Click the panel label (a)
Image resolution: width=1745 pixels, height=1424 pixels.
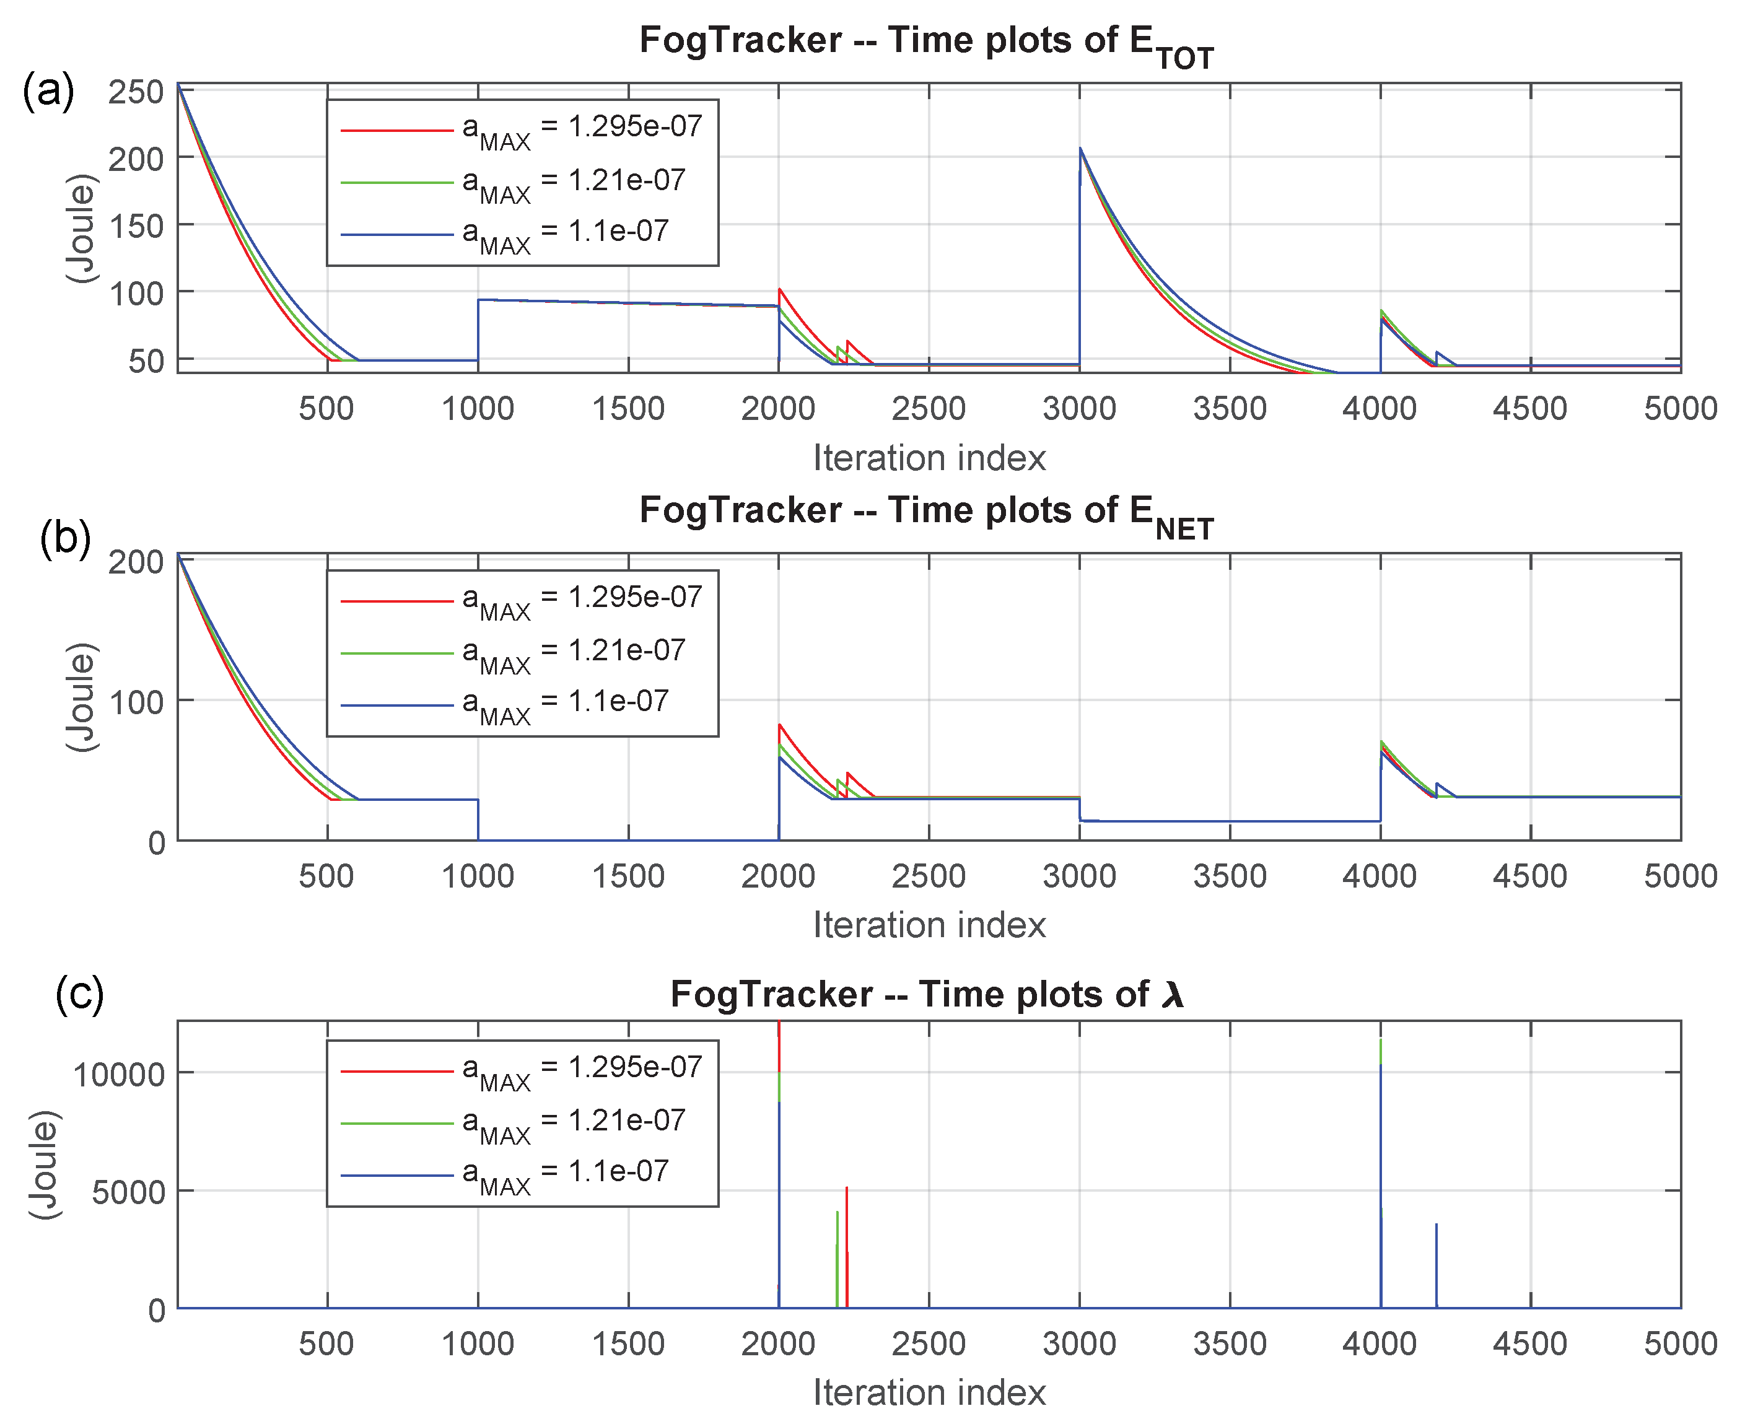click(48, 90)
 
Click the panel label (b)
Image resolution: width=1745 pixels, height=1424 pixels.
click(66, 539)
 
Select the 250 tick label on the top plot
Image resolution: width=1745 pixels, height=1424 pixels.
click(136, 92)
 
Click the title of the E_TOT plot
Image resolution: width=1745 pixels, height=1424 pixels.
click(926, 43)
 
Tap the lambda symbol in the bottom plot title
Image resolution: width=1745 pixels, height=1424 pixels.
click(1173, 995)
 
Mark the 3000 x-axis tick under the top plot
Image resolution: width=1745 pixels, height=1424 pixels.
click(1079, 409)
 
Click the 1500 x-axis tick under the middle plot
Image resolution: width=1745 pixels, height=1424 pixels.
click(628, 876)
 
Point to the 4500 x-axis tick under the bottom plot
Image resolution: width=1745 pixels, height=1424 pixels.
click(1530, 1343)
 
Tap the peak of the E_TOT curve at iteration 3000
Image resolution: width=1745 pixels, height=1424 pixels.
click(1080, 149)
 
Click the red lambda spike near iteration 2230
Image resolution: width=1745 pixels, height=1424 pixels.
click(847, 1189)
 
